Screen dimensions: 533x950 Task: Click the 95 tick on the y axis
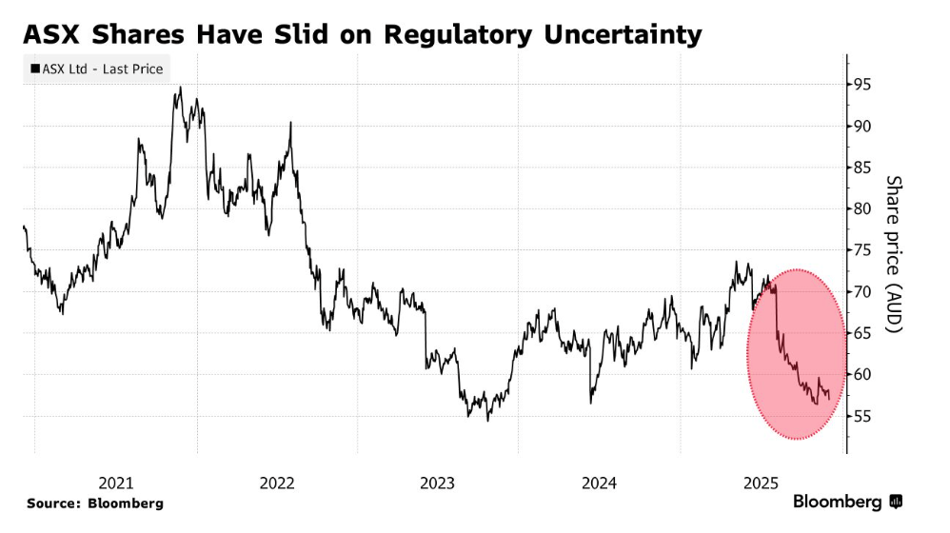pyautogui.click(x=862, y=85)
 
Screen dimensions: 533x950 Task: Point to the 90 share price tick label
pyautogui.click(x=862, y=126)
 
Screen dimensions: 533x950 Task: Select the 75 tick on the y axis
pyautogui.click(x=862, y=250)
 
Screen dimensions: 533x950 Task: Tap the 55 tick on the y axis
pyautogui.click(x=862, y=416)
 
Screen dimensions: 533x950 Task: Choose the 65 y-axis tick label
pyautogui.click(x=862, y=333)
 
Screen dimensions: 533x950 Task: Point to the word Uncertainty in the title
pyautogui.click(x=624, y=35)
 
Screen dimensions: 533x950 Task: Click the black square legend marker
pyautogui.click(x=35, y=69)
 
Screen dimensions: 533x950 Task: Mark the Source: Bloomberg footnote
pyautogui.click(x=95, y=503)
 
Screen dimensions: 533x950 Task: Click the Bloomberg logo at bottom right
pyautogui.click(x=837, y=502)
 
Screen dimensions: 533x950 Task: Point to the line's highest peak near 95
pyautogui.click(x=179, y=88)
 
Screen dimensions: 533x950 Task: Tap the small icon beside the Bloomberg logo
pyautogui.click(x=896, y=502)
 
